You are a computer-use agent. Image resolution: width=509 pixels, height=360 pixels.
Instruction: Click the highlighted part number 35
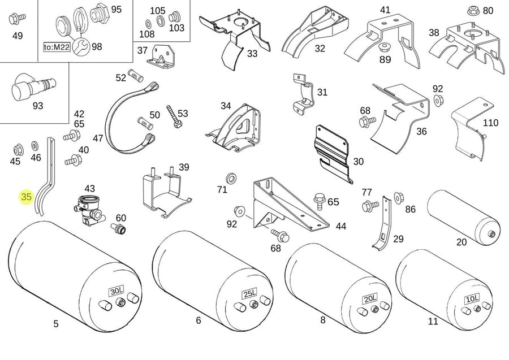click(x=26, y=197)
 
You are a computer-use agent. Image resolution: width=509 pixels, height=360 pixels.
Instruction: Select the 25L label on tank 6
click(x=249, y=294)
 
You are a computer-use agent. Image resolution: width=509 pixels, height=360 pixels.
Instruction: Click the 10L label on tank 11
click(x=472, y=299)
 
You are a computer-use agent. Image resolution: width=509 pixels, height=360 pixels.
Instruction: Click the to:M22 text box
click(x=57, y=47)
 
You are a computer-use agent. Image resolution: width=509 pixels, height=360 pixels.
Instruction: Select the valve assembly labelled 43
click(x=88, y=210)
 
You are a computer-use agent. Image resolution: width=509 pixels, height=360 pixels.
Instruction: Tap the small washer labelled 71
click(x=231, y=179)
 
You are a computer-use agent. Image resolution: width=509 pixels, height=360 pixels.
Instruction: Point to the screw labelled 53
click(x=174, y=116)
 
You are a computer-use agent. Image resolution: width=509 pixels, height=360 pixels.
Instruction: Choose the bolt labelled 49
click(x=16, y=19)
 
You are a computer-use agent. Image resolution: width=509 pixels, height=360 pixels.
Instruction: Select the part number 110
click(x=490, y=123)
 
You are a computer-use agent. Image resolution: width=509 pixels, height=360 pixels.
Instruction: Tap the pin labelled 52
click(x=136, y=75)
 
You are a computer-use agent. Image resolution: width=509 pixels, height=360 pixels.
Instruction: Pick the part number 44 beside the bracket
click(x=341, y=226)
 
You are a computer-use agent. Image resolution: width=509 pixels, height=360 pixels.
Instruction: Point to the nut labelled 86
click(x=398, y=197)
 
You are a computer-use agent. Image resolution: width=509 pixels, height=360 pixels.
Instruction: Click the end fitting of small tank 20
click(x=491, y=234)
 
